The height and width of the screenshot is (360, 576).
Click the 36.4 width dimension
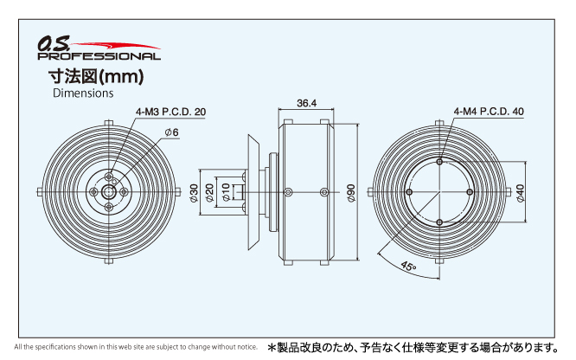click(307, 103)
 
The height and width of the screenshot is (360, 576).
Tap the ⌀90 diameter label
click(351, 193)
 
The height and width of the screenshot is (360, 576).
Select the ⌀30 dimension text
click(194, 193)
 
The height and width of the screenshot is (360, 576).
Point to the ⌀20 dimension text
click(209, 193)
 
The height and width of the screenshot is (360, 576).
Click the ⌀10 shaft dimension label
click(226, 192)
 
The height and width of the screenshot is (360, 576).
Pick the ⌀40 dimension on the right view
click(520, 193)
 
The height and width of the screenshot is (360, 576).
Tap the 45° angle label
click(408, 266)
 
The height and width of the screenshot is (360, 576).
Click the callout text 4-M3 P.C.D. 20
click(171, 112)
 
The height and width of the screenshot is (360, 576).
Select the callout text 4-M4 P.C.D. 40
click(489, 112)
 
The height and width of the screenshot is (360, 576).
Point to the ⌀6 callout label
click(171, 132)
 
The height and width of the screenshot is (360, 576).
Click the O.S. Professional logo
click(99, 48)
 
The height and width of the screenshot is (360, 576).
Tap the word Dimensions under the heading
click(83, 93)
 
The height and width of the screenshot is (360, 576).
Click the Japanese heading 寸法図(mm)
click(96, 76)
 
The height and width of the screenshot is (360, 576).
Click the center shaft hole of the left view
click(109, 191)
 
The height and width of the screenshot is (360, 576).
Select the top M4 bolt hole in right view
click(439, 162)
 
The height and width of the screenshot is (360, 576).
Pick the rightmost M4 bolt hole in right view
click(470, 192)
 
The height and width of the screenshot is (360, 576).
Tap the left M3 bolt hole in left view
click(93, 191)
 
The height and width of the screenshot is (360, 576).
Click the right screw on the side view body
click(324, 192)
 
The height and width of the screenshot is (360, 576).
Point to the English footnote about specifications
click(136, 347)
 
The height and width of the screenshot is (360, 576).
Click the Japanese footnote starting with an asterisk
click(413, 347)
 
